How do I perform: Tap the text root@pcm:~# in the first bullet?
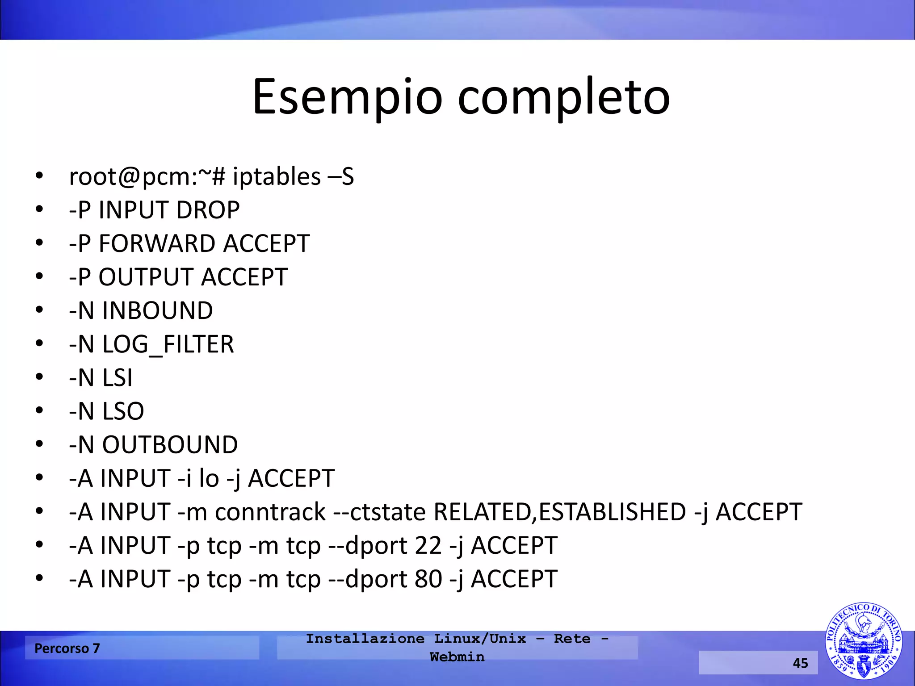147,176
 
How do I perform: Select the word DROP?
208,210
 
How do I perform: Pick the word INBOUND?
157,311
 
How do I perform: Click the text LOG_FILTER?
168,344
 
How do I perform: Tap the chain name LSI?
117,378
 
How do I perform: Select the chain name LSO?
123,411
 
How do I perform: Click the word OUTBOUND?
170,445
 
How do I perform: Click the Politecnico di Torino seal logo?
863,640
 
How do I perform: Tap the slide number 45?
800,663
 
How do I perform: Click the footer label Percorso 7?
67,648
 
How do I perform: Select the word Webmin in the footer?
457,657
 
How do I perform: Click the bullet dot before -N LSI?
39,378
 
